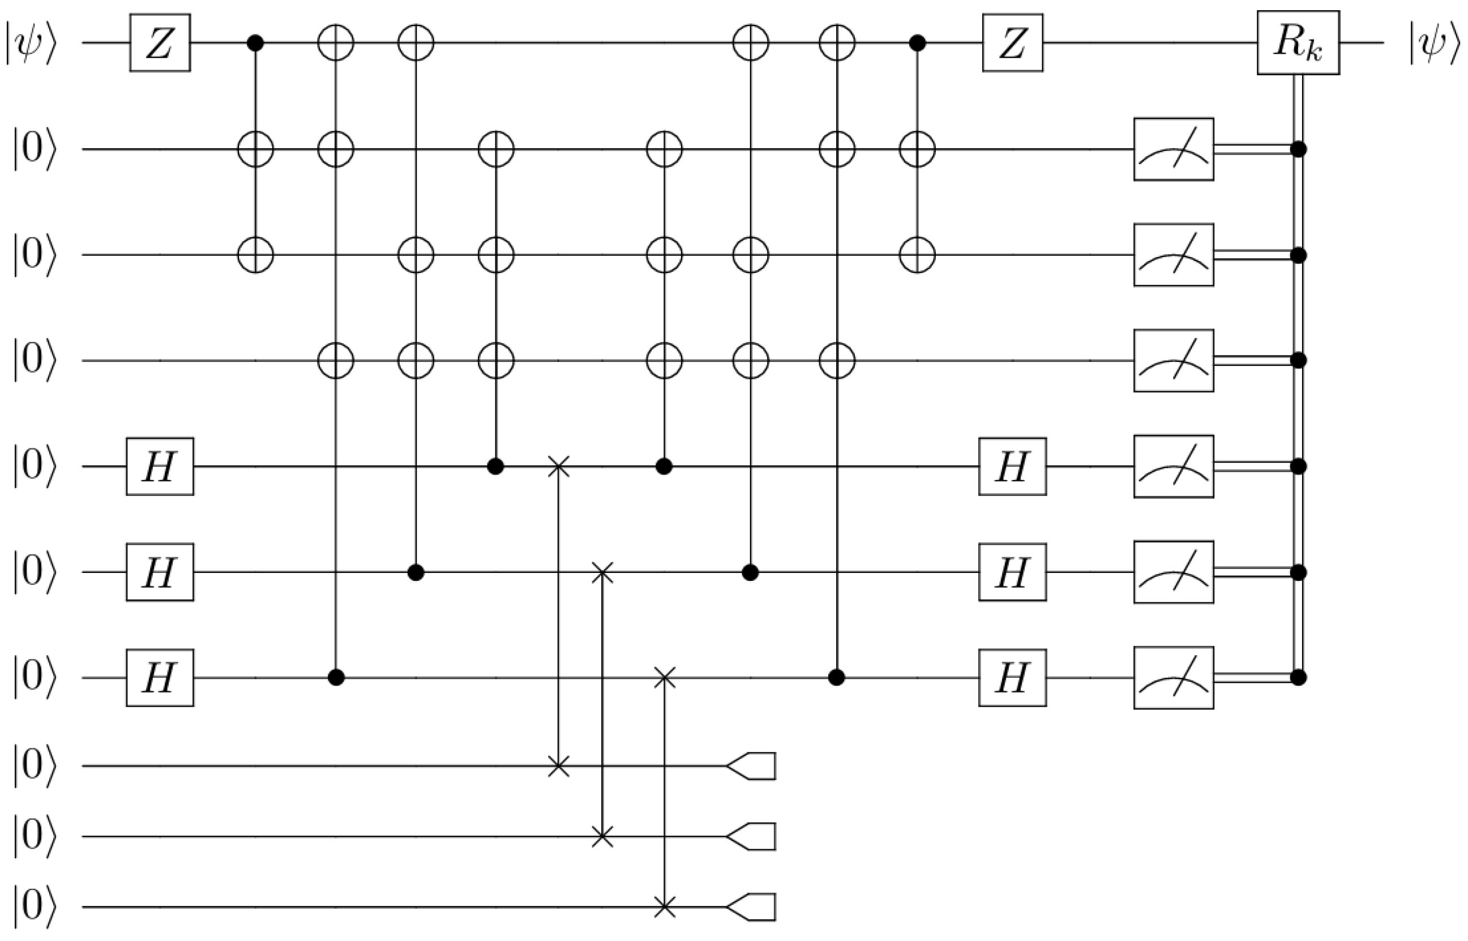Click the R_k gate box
[1298, 43]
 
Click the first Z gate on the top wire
[160, 43]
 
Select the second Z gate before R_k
[1012, 43]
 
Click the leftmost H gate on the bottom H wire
[160, 678]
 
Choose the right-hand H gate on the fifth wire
[1012, 466]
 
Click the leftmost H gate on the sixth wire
[160, 572]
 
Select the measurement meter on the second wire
[1173, 149]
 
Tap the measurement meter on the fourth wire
[1173, 361]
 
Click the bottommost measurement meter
[1173, 678]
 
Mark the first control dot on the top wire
[255, 43]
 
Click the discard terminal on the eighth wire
[752, 765]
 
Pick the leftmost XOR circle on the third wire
[255, 255]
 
